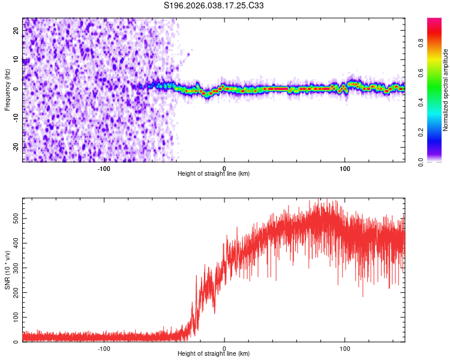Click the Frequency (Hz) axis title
click(x=7, y=90)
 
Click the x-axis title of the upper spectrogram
click(x=214, y=173)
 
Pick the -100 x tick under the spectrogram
click(x=104, y=167)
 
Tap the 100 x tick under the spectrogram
click(x=345, y=167)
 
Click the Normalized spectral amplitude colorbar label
click(x=446, y=90)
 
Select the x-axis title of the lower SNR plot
click(x=214, y=353)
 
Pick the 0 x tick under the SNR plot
click(x=224, y=347)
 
